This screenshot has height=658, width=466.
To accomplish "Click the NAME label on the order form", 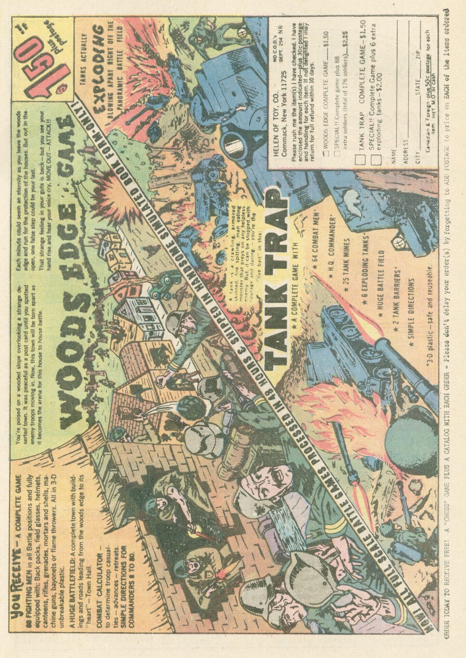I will (394, 157).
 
